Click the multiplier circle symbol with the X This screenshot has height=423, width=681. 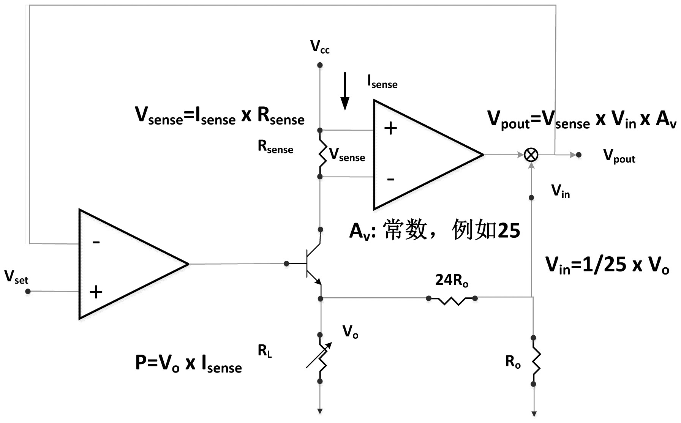[531, 155]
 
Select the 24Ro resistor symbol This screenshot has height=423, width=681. [452, 300]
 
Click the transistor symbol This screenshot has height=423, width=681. [312, 264]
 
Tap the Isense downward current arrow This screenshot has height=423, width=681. [344, 91]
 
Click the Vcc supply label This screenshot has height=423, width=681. [320, 47]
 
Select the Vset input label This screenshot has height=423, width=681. [16, 277]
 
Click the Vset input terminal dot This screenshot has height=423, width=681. [28, 291]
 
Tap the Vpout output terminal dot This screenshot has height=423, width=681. [578, 155]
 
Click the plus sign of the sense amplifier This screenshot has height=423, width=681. [390, 129]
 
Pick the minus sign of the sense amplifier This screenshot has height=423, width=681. [390, 179]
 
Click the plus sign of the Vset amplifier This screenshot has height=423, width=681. [96, 292]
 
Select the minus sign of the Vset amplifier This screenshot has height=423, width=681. [96, 242]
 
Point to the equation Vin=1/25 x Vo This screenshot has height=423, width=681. [607, 265]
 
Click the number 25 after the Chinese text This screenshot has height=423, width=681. [509, 230]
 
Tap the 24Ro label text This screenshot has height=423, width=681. [452, 281]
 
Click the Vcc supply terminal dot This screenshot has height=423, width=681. [320, 65]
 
